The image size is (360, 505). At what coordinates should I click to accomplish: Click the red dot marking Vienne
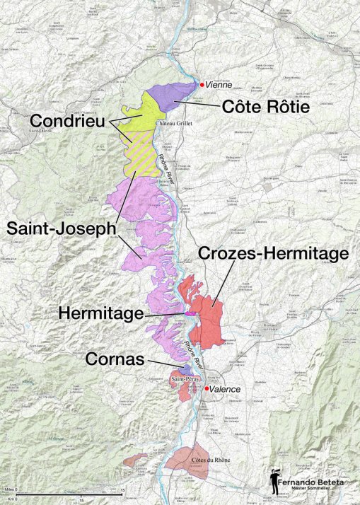(202, 84)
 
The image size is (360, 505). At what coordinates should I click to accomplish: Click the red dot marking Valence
(207, 389)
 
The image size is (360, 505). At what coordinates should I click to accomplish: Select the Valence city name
(226, 390)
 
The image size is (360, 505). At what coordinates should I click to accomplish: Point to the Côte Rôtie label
(266, 108)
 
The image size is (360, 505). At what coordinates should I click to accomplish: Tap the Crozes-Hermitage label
(273, 253)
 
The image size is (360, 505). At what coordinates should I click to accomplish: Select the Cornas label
(115, 359)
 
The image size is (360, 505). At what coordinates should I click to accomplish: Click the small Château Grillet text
(175, 122)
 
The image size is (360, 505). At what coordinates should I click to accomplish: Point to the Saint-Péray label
(183, 380)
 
